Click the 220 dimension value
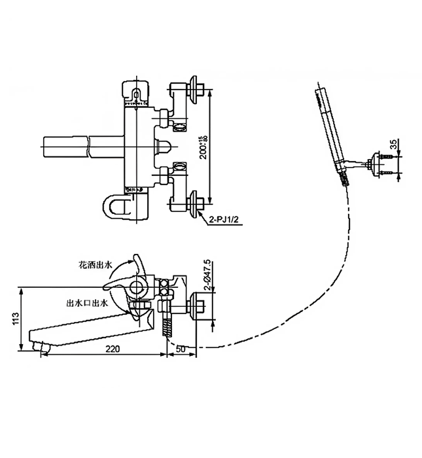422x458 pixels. [113, 349]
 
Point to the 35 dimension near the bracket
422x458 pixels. [391, 145]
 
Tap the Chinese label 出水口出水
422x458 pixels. [87, 304]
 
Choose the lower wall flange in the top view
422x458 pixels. [196, 203]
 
